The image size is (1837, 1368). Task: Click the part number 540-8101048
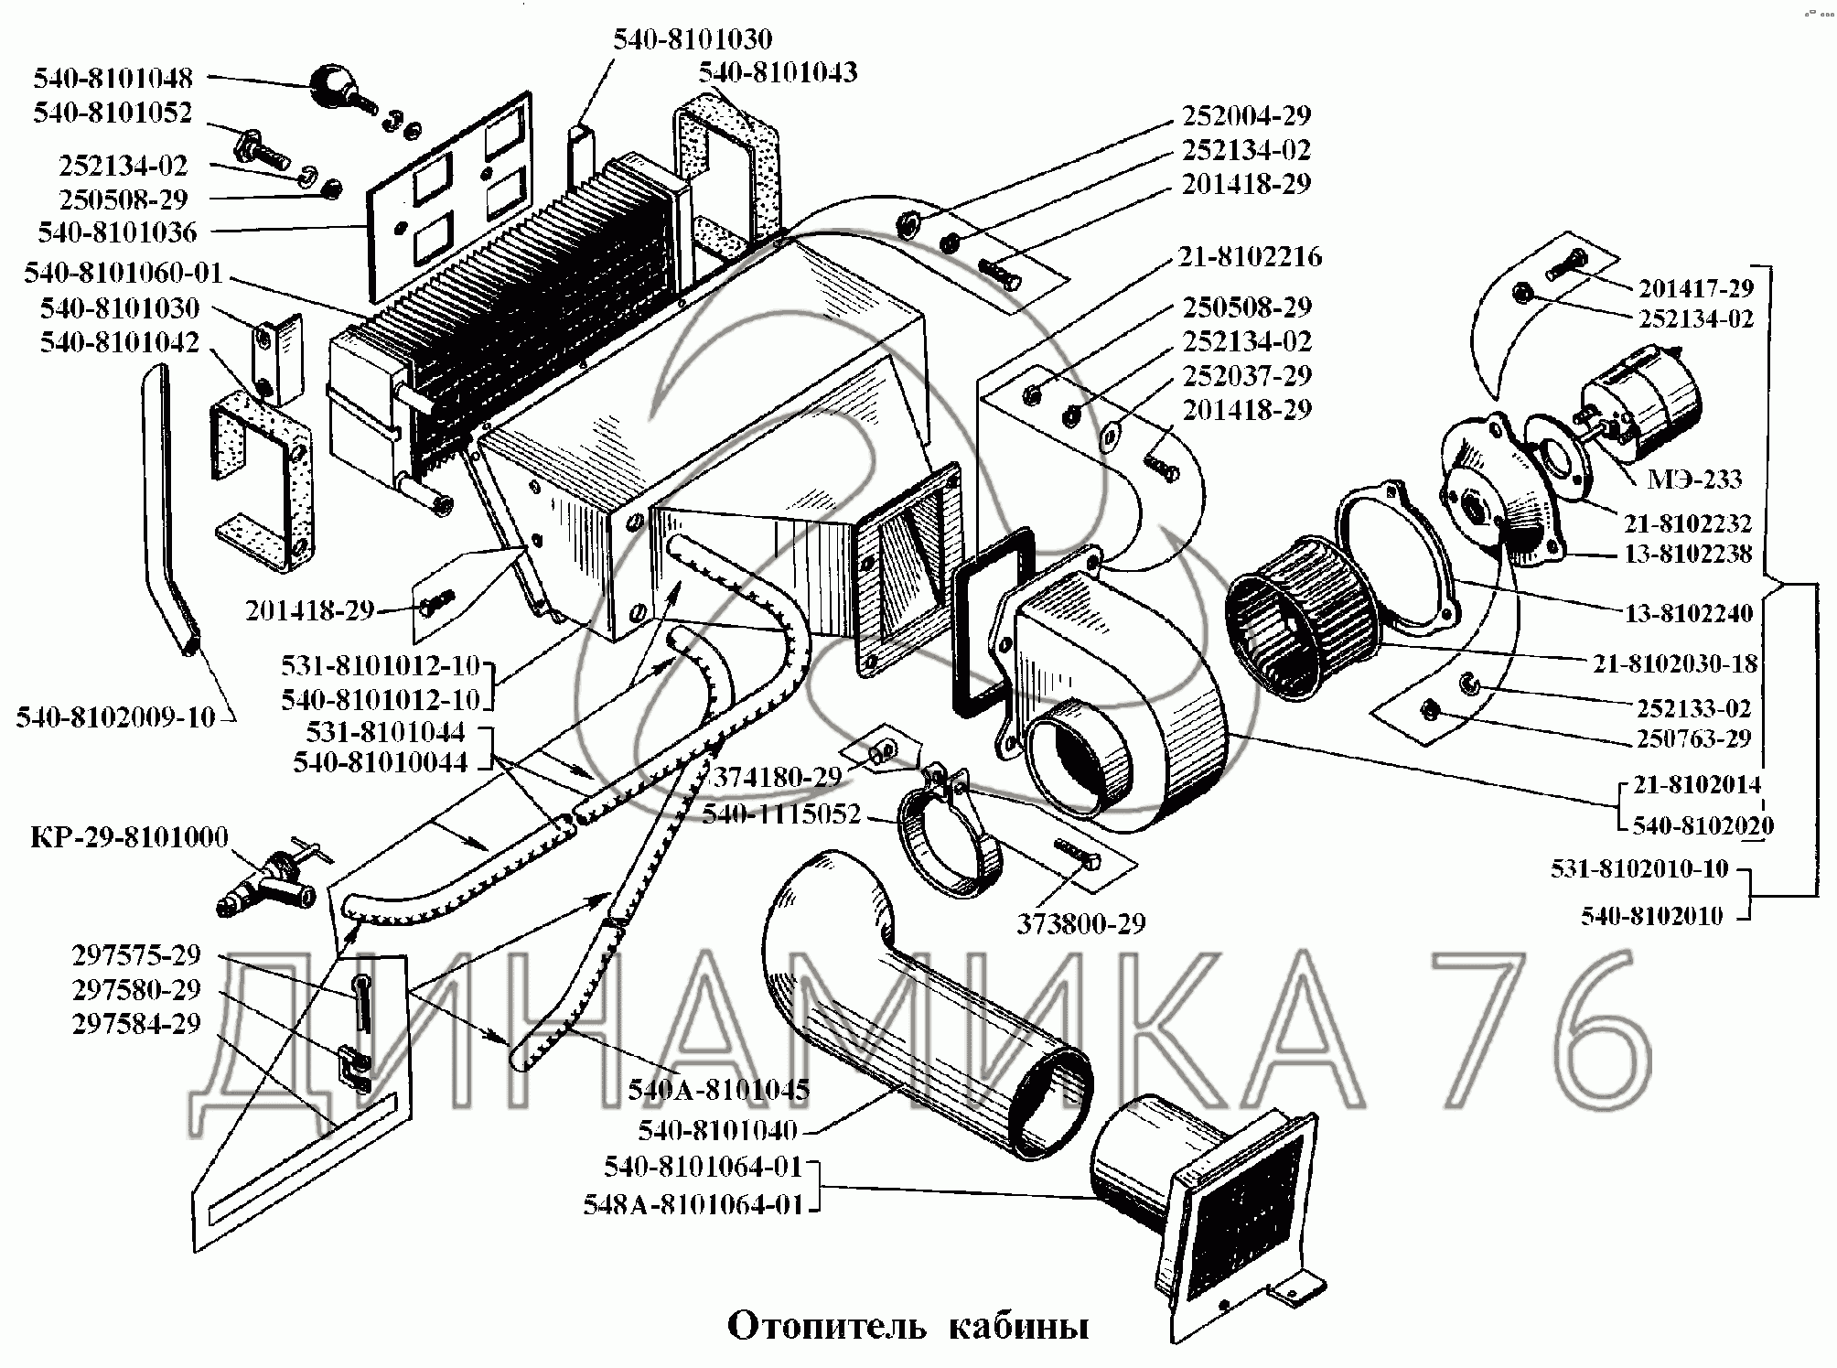coord(113,79)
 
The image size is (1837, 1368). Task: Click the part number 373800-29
coord(1080,924)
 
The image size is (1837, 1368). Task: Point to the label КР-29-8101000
coord(129,837)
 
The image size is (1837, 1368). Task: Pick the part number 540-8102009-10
coord(115,717)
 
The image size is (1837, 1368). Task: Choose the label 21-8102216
coord(1250,256)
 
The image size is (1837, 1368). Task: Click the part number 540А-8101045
coord(718,1090)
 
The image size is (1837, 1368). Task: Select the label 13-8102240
coord(1689,613)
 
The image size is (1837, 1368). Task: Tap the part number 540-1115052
coord(781,813)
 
